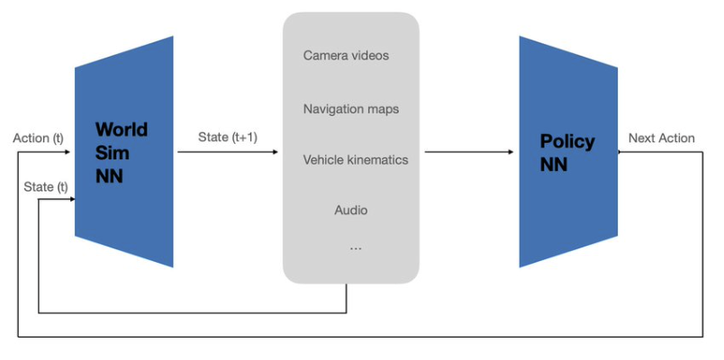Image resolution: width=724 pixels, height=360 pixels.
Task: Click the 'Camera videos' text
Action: (346, 56)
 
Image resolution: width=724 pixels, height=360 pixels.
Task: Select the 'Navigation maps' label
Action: (350, 109)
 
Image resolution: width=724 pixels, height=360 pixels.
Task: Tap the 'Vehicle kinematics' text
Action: (355, 160)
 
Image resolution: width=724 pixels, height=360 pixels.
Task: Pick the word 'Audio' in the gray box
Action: (350, 211)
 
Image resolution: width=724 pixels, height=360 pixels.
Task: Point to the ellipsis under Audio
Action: (355, 247)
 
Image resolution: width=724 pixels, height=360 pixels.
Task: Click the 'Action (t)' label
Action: (39, 139)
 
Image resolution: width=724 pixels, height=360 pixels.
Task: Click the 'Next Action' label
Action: (661, 138)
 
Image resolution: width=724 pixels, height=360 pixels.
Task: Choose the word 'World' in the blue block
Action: (121, 130)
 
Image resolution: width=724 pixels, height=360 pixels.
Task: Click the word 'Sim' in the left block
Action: (110, 153)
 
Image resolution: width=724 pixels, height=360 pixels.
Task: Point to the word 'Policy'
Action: (566, 141)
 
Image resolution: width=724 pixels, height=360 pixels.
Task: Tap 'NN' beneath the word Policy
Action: (554, 165)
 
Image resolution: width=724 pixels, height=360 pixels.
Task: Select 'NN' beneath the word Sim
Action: (109, 176)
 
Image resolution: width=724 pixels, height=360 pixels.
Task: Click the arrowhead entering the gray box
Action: (275, 152)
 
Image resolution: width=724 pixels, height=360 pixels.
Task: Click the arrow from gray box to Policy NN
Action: (468, 152)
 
